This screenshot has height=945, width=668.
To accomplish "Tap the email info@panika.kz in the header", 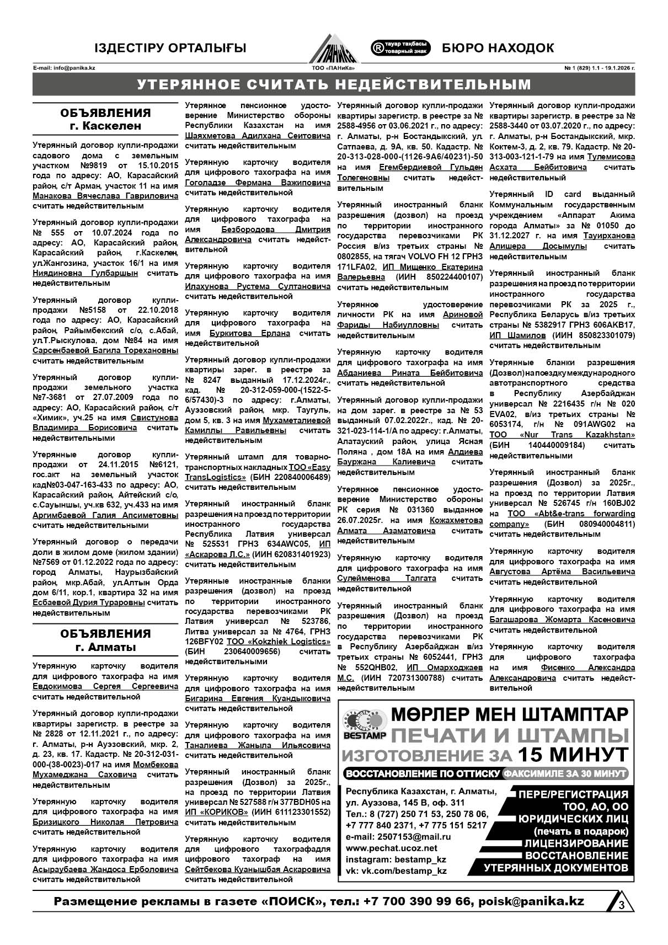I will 64,68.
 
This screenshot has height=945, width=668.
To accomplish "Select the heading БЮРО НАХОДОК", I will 498,48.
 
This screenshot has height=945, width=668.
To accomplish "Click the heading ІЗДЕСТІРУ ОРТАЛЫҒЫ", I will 170,49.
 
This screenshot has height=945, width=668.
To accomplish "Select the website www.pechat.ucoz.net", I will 391,848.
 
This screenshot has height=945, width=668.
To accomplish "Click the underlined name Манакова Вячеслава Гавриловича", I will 105,196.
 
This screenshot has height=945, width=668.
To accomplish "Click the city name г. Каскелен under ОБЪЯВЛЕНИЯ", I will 105,126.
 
